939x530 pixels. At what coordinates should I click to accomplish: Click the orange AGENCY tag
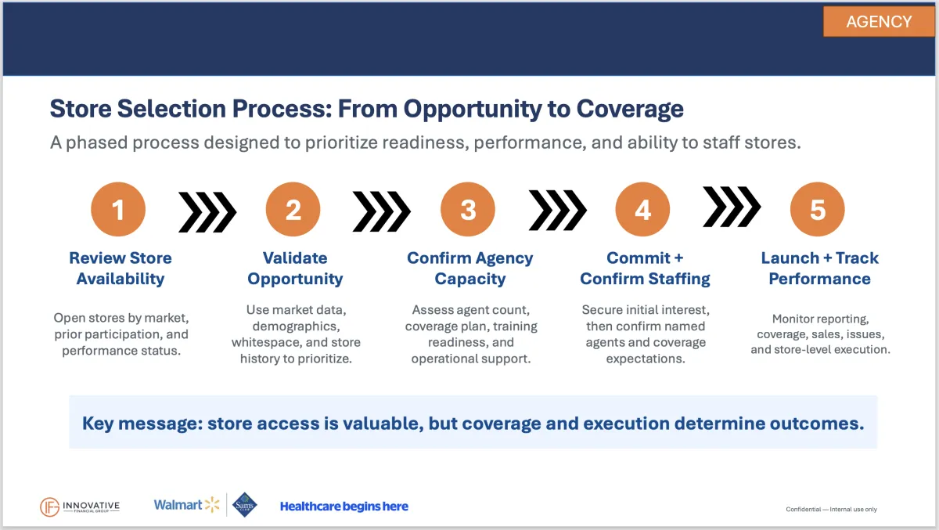(x=879, y=21)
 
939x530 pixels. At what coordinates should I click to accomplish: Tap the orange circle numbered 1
(x=118, y=209)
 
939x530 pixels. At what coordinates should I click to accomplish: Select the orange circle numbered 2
(x=293, y=209)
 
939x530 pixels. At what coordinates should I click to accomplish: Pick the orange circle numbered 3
(x=468, y=209)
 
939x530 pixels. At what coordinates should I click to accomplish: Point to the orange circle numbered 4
(x=642, y=209)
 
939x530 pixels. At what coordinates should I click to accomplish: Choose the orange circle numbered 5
(x=818, y=209)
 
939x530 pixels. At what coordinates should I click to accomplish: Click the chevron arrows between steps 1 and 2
(x=207, y=212)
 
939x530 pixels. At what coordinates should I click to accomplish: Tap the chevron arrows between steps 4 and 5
(x=732, y=207)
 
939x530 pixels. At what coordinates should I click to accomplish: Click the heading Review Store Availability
(x=121, y=269)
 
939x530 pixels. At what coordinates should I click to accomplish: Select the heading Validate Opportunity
(x=295, y=269)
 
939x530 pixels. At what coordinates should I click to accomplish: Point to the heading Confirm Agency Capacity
(x=470, y=269)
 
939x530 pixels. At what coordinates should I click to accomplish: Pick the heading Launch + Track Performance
(x=819, y=269)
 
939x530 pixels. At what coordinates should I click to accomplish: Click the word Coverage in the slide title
(x=630, y=109)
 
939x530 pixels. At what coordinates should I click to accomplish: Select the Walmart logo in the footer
(x=186, y=505)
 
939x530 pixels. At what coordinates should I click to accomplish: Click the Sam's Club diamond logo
(x=244, y=505)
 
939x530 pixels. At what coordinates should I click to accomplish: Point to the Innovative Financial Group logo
(x=80, y=507)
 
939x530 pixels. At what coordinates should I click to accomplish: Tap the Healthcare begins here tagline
(x=344, y=507)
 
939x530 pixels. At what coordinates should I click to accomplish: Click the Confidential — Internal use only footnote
(x=831, y=509)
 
